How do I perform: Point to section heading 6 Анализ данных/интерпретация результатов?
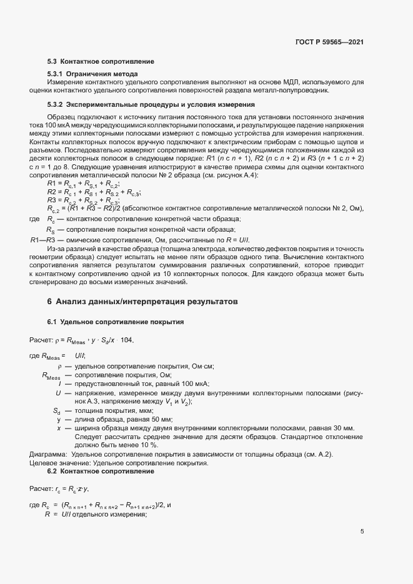click(x=142, y=301)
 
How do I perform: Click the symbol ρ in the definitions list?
click(x=59, y=367)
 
